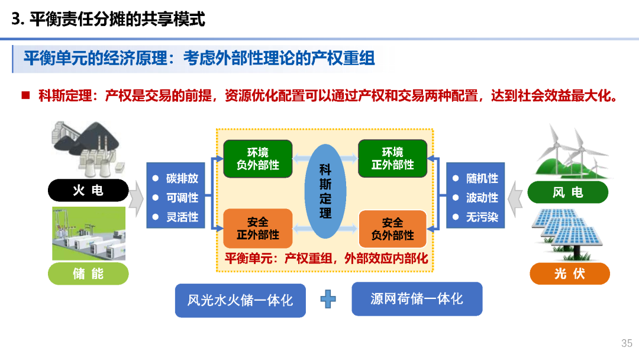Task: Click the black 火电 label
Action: pos(88,191)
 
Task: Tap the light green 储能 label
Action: pos(88,274)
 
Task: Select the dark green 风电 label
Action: pos(567,192)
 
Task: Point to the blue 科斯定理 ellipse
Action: pos(325,191)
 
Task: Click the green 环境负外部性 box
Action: pos(257,159)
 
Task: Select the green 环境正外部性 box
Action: pos(392,159)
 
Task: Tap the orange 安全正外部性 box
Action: pos(257,229)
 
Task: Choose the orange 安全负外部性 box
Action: pos(392,229)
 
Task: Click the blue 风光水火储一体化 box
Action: pos(240,300)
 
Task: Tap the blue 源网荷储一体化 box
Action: pos(417,299)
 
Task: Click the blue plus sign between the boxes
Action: pos(328,299)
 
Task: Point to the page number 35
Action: pos(627,343)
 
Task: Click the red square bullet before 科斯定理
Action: pos(25,95)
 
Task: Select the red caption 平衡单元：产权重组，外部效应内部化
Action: pos(326,259)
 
